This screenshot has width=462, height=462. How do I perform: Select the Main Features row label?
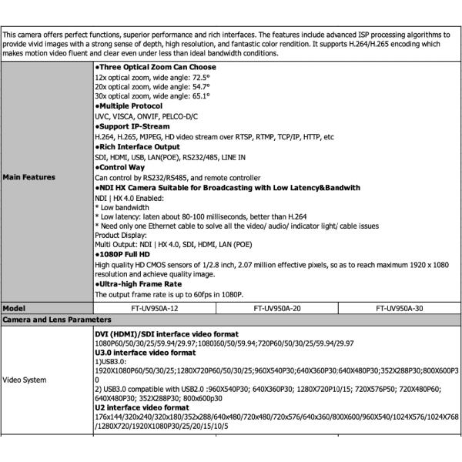point(29,177)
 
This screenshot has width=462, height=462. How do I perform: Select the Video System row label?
point(25,380)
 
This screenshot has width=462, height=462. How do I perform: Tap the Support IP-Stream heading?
point(131,126)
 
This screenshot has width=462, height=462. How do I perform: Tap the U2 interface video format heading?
point(142,407)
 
